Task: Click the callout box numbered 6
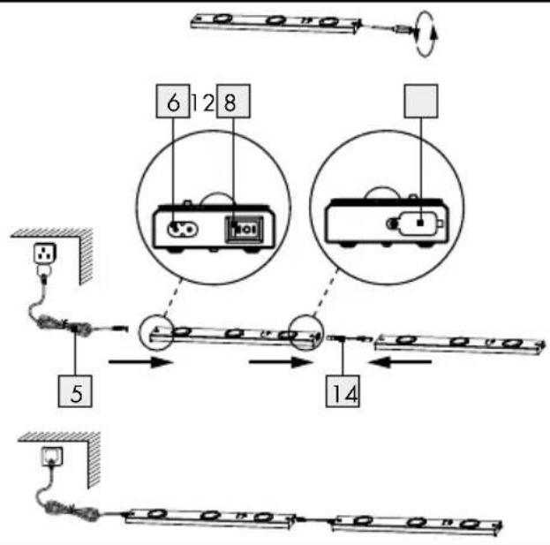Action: (173, 101)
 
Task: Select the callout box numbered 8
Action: (233, 101)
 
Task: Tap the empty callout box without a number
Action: (421, 101)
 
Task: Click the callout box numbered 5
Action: (75, 391)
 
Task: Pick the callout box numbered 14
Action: (343, 391)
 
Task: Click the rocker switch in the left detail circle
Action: (245, 230)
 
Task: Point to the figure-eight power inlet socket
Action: (183, 230)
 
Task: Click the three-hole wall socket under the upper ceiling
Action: (45, 254)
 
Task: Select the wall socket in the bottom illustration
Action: (52, 456)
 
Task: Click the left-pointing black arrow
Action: (401, 362)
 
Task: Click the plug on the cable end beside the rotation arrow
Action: (404, 29)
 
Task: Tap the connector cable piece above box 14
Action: (347, 339)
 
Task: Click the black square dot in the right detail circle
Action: (421, 223)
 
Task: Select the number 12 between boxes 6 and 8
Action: (203, 102)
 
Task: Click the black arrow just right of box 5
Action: (141, 362)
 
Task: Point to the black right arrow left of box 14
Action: (281, 362)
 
